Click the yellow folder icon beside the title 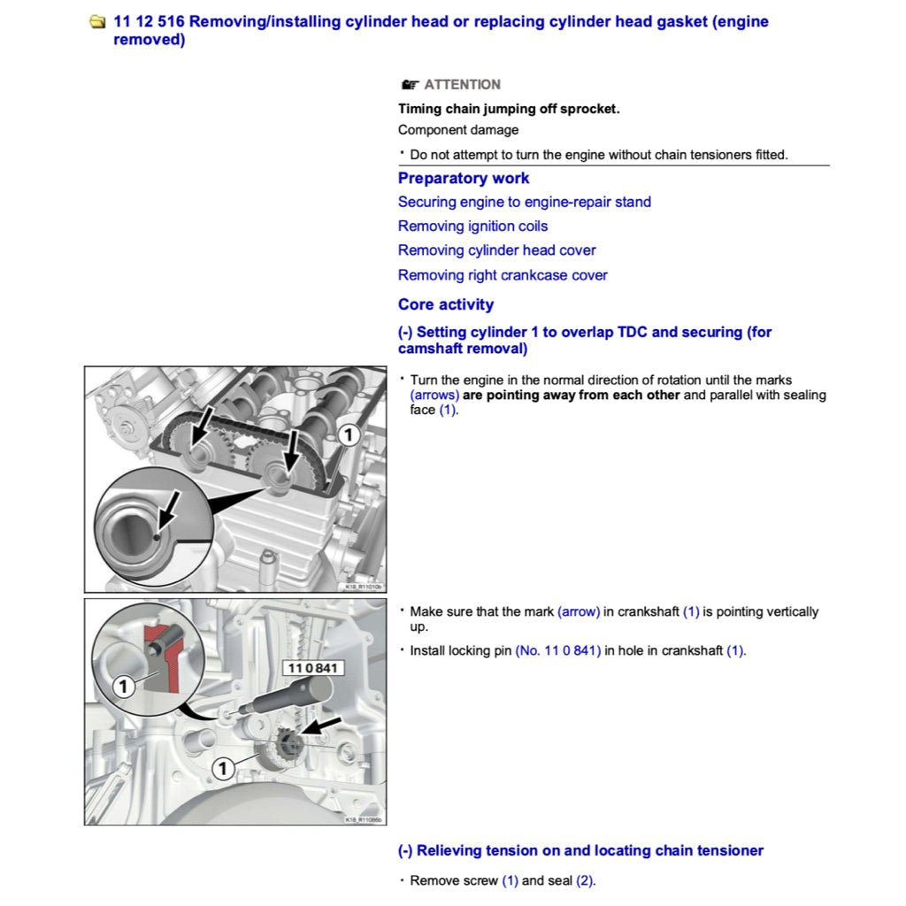(x=98, y=22)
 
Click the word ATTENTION (x=462, y=85)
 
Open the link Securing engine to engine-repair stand (x=524, y=202)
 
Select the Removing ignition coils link (x=472, y=226)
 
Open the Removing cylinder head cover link (x=496, y=250)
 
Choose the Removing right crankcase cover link (x=503, y=275)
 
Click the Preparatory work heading (x=464, y=178)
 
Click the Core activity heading (x=445, y=304)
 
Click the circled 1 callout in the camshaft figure (x=349, y=434)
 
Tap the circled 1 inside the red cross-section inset (x=124, y=686)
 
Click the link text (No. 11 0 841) (x=557, y=651)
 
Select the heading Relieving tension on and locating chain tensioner (x=580, y=850)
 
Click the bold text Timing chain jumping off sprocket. (x=509, y=109)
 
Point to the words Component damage (x=458, y=130)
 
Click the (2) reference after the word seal (x=585, y=881)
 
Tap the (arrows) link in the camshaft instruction (x=434, y=395)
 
